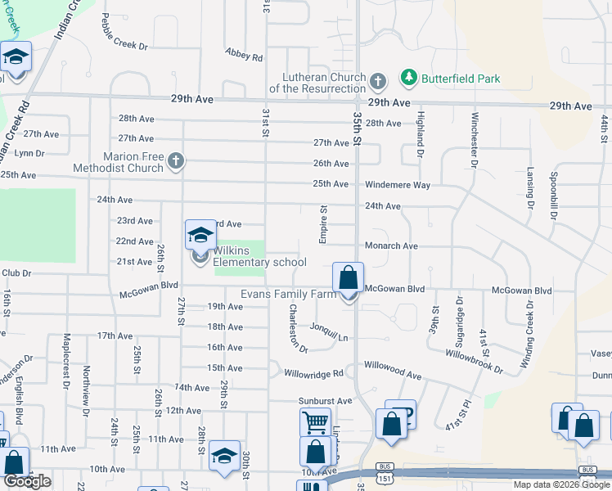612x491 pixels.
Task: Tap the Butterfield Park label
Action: (461, 79)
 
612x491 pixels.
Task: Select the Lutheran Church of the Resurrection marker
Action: (377, 82)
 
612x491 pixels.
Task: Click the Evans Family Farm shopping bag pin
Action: (349, 277)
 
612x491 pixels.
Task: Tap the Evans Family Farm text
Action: (288, 294)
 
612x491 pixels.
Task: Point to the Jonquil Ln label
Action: (329, 331)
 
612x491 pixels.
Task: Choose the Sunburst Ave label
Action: (324, 401)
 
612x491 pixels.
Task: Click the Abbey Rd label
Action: (245, 56)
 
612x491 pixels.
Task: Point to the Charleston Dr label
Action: (298, 328)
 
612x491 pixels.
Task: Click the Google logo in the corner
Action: (27, 481)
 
